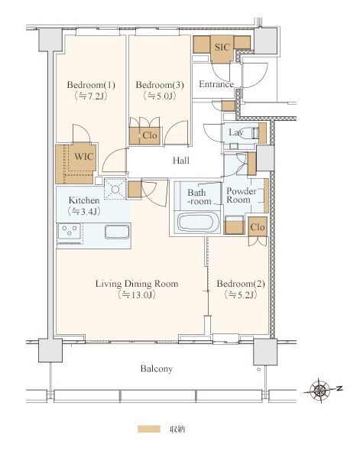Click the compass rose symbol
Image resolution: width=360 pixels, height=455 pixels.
point(319,390)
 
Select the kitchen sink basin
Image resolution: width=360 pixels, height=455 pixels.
point(117,232)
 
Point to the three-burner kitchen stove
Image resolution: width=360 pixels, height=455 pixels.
point(70,231)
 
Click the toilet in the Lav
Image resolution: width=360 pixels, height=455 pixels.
point(251,133)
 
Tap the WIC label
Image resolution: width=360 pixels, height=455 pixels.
point(84,157)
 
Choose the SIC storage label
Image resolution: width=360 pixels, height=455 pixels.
point(222,47)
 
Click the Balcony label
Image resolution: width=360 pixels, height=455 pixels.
point(157,369)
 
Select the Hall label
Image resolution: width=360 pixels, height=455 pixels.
point(181,160)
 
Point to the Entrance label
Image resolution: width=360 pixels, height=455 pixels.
point(216,84)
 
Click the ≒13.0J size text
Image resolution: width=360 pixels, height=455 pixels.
point(137,295)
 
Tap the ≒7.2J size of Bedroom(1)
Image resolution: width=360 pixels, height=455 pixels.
point(91,96)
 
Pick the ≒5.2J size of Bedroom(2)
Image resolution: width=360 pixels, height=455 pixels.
point(241,295)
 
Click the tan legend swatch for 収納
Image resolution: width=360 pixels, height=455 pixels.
point(149,429)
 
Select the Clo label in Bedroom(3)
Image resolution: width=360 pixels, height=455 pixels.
point(150,135)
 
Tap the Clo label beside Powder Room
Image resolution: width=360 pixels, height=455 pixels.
point(258,226)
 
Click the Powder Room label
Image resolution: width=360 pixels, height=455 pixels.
point(242,195)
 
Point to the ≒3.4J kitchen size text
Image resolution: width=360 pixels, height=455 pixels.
point(84,212)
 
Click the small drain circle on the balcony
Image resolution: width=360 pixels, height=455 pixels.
point(259,369)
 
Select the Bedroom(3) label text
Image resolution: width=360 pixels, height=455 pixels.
point(160,85)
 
